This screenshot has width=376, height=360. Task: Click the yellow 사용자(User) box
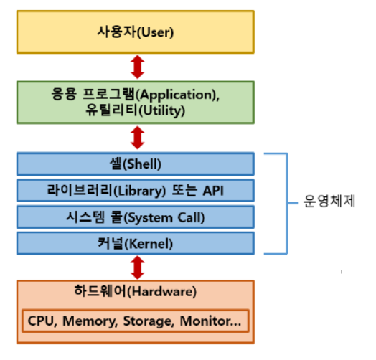click(136, 32)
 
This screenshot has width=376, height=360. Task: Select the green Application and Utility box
click(136, 103)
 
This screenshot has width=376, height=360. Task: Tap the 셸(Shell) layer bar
click(136, 164)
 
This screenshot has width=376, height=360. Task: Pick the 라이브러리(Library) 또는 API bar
click(136, 190)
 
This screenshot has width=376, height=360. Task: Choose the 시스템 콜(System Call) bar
click(136, 217)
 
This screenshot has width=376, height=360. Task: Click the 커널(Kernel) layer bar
click(136, 243)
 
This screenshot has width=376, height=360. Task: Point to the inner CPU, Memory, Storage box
click(136, 321)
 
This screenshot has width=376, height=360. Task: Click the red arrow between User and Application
click(137, 67)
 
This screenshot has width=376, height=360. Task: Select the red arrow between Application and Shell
click(137, 138)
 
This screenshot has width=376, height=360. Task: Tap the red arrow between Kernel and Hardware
click(137, 267)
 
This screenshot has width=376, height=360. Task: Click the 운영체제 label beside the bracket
click(329, 201)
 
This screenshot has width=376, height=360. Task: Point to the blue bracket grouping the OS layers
click(287, 203)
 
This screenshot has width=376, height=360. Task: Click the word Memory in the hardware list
click(90, 321)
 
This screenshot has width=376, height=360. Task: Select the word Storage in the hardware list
click(149, 321)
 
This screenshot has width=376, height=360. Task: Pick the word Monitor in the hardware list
click(207, 321)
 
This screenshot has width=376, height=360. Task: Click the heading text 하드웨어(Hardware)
click(135, 291)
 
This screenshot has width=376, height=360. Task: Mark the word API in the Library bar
click(213, 191)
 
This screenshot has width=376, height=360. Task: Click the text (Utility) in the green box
click(162, 110)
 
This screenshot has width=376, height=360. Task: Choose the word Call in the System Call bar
click(191, 217)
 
